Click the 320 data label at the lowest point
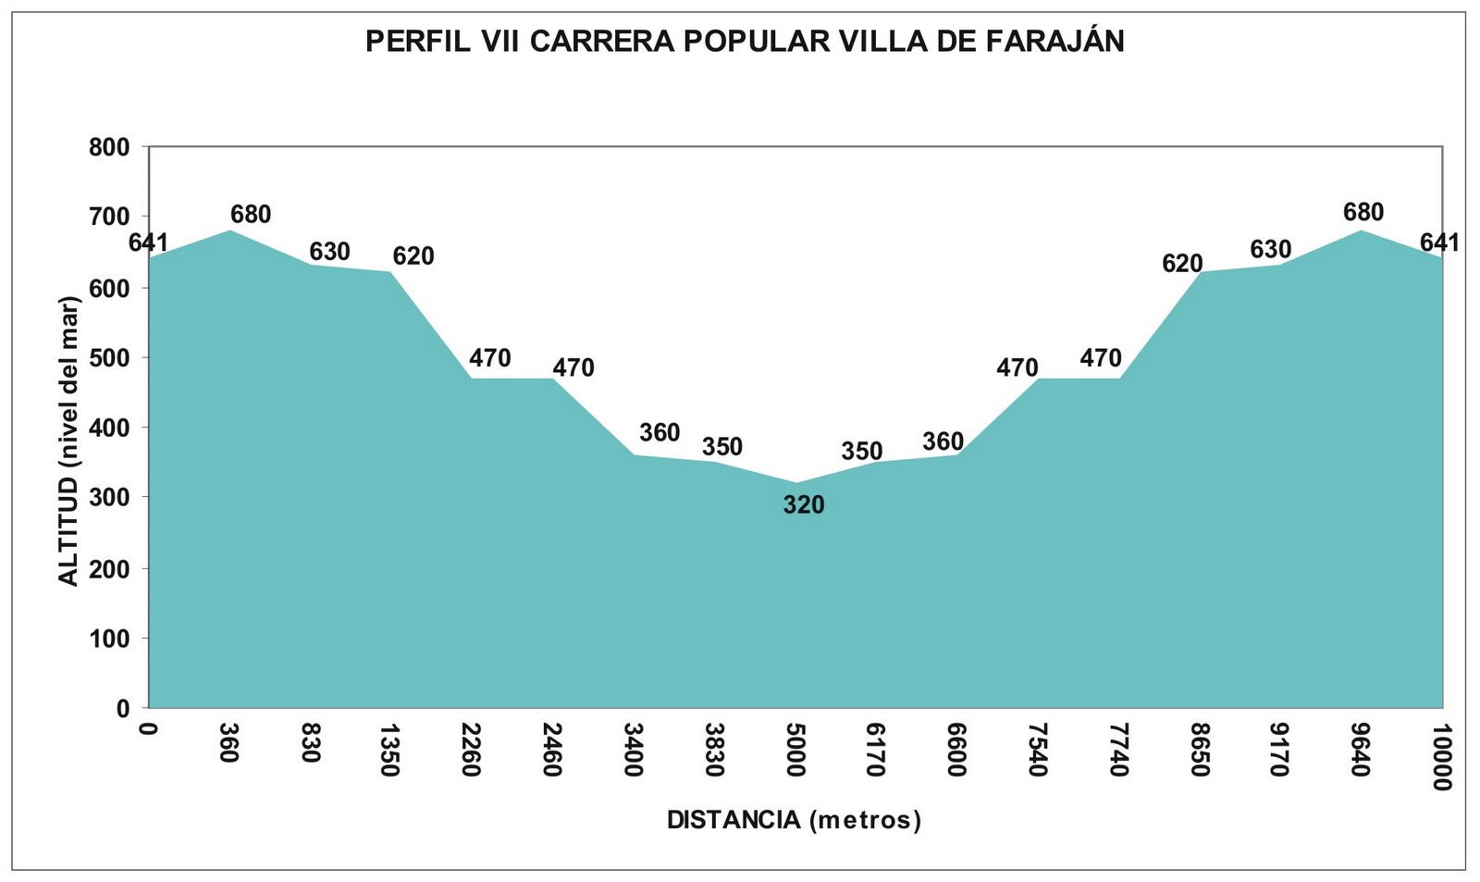803,505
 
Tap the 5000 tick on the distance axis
795,751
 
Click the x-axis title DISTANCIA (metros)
794,820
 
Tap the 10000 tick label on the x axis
1441,758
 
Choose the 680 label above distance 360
251,215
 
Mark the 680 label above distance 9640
1363,212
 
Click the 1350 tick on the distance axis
389,751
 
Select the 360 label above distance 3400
660,432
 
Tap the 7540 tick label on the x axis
1037,751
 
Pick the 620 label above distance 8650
1182,264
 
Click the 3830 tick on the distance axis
713,751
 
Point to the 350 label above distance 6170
862,452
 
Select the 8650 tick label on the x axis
1200,751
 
